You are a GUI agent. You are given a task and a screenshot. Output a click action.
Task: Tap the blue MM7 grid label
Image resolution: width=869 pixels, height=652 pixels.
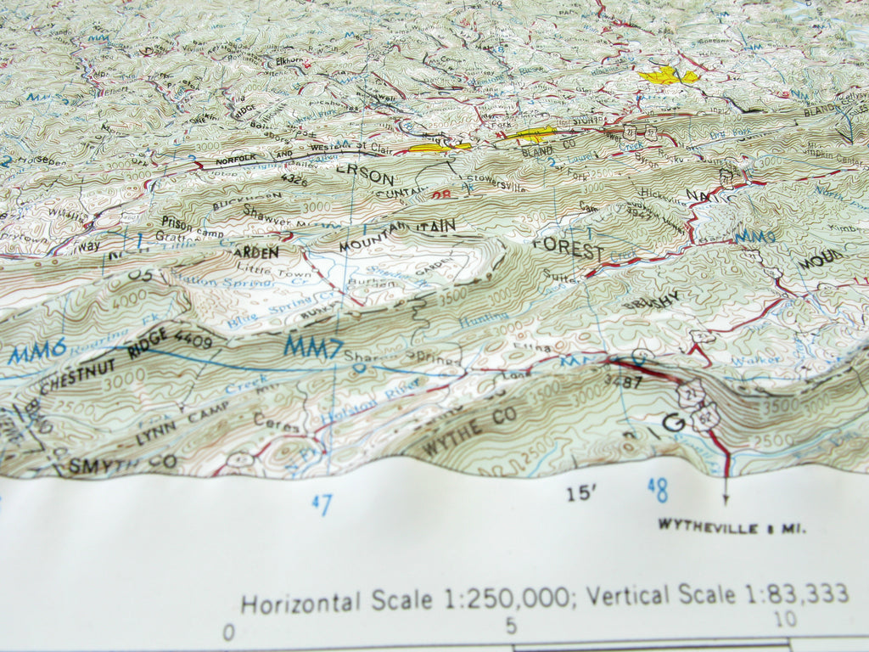tap(313, 346)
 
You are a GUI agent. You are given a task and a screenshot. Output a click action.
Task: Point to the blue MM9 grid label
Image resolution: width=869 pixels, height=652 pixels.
tap(754, 235)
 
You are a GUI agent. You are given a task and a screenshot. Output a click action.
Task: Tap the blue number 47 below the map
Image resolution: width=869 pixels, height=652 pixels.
tap(322, 504)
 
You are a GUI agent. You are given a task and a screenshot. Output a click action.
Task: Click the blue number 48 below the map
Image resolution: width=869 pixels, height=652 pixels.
tap(657, 489)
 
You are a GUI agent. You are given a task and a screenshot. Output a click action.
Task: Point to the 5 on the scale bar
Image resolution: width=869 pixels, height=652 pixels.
tap(511, 626)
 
